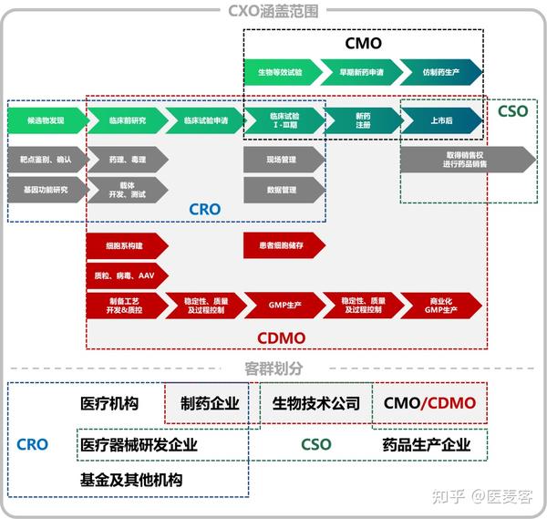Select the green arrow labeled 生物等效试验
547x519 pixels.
(x=280, y=72)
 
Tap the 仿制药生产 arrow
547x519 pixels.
(x=441, y=72)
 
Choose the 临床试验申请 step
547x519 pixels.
(x=202, y=120)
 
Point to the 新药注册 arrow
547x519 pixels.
(x=361, y=120)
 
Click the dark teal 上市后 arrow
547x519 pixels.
(x=441, y=120)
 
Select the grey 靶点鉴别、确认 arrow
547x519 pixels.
(x=45, y=159)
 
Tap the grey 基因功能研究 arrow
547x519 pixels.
(x=45, y=190)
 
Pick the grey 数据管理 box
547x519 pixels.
(x=283, y=190)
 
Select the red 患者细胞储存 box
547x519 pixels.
(x=283, y=245)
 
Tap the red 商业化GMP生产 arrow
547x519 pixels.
(x=441, y=305)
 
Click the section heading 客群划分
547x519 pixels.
(x=273, y=368)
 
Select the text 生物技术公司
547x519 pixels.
(x=315, y=403)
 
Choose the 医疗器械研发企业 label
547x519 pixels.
(x=139, y=445)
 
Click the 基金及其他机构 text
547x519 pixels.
(x=131, y=479)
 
